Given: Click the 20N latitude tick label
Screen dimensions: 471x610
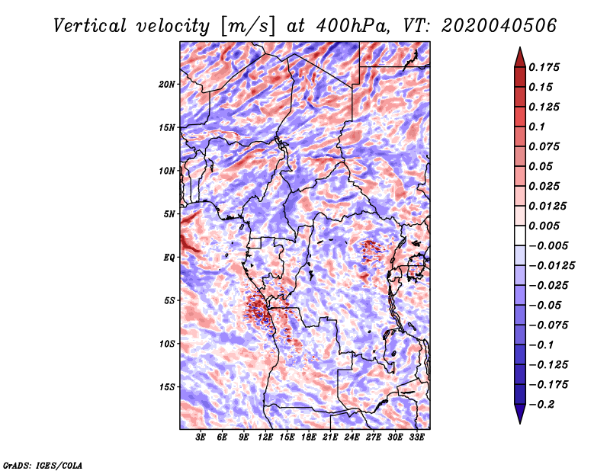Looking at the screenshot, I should coord(167,84).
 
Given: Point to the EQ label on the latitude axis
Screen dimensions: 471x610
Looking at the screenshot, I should coord(169,257).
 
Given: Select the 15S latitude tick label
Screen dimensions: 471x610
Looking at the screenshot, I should coord(167,386).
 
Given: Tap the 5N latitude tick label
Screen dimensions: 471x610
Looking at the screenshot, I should coord(169,213).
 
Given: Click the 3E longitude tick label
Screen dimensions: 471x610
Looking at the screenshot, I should coord(201,437).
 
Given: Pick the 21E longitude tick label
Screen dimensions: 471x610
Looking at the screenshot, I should coord(330,437).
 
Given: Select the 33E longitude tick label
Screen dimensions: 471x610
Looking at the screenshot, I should coord(416,437).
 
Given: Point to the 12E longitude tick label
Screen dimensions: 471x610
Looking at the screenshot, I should coord(265,437).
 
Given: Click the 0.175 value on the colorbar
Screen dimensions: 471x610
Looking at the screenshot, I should coord(546,67).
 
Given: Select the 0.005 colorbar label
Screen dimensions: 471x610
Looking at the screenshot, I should coord(546,226).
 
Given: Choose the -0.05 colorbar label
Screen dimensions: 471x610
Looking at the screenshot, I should coord(546,305).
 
